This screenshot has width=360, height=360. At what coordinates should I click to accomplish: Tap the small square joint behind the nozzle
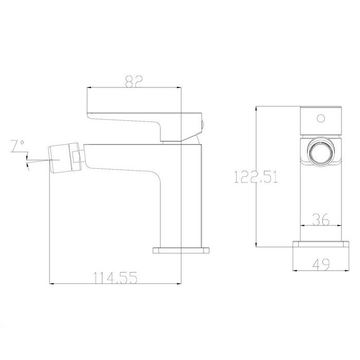click(x=76, y=157)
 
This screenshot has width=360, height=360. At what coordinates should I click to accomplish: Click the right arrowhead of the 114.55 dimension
click(x=179, y=283)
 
